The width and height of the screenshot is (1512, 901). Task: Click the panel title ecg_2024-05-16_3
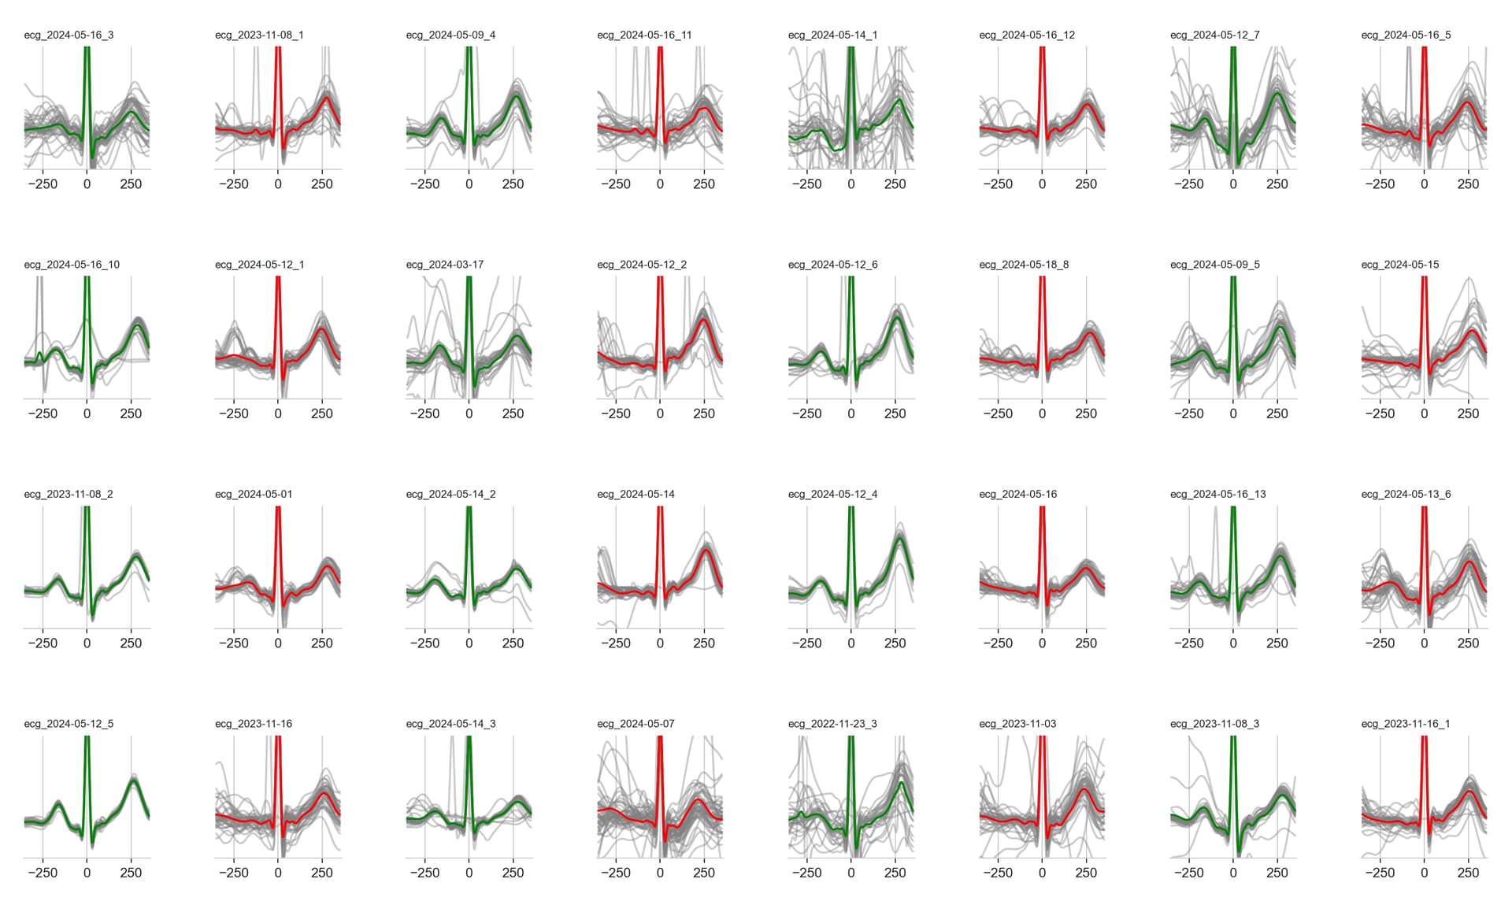click(69, 35)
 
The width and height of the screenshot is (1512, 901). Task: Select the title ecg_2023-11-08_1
click(259, 35)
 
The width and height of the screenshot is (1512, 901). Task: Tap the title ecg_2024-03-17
click(444, 265)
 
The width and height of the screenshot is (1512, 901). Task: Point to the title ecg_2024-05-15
click(1399, 265)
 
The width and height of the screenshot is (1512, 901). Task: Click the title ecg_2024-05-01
click(254, 494)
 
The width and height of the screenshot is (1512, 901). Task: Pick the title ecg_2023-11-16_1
click(1405, 724)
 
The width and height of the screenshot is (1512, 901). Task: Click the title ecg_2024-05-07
click(636, 724)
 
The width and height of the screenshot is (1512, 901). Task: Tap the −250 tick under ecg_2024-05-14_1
click(806, 184)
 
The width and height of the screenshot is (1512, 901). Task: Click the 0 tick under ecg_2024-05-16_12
click(1042, 184)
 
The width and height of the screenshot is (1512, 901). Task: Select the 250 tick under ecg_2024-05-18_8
click(1086, 413)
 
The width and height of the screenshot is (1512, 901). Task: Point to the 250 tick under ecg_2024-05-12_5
click(131, 873)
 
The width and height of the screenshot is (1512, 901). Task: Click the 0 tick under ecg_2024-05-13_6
click(1424, 643)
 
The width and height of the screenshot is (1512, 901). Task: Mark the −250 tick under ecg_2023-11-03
click(998, 873)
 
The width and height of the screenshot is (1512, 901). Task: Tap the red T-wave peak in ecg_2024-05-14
click(706, 551)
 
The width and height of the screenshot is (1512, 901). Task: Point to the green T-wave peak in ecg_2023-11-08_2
click(137, 557)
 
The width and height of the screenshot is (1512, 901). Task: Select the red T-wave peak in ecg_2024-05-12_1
click(321, 329)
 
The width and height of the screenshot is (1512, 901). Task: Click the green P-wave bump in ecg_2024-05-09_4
click(441, 119)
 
